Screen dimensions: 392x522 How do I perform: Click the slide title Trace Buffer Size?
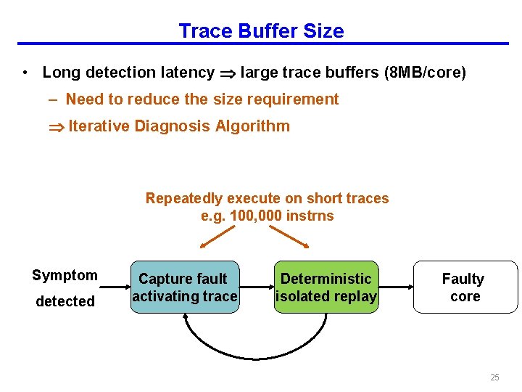(x=261, y=31)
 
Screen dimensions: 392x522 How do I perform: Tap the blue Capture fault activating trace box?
(x=185, y=287)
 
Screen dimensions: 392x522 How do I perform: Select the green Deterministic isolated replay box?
(x=326, y=287)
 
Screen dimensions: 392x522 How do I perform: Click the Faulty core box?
(x=465, y=287)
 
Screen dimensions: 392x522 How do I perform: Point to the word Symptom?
(x=65, y=275)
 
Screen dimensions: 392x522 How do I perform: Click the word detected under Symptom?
(x=65, y=301)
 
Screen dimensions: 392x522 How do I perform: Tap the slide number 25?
(x=494, y=377)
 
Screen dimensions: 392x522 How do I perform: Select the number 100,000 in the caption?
(x=258, y=216)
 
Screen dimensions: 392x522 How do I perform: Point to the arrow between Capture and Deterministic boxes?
(x=257, y=286)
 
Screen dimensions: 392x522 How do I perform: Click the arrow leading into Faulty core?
(x=396, y=286)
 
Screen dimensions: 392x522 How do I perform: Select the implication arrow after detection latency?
(x=227, y=73)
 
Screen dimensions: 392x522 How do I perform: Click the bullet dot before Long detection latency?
(x=25, y=73)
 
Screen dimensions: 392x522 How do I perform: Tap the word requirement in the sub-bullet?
(x=300, y=99)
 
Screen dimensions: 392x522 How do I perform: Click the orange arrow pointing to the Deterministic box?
(x=289, y=237)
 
